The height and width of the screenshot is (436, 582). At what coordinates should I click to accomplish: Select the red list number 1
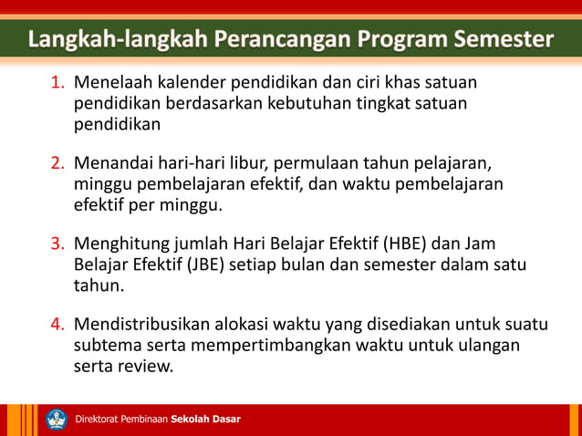point(57,84)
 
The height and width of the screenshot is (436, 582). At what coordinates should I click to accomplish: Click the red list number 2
point(57,164)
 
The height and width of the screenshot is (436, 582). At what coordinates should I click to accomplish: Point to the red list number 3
point(57,244)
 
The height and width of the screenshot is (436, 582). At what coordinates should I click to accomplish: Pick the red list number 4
point(57,325)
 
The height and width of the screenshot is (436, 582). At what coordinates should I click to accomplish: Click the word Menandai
point(114,164)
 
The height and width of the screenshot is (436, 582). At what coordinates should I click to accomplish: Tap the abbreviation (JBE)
point(213,265)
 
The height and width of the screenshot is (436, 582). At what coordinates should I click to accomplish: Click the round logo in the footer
point(57,420)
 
